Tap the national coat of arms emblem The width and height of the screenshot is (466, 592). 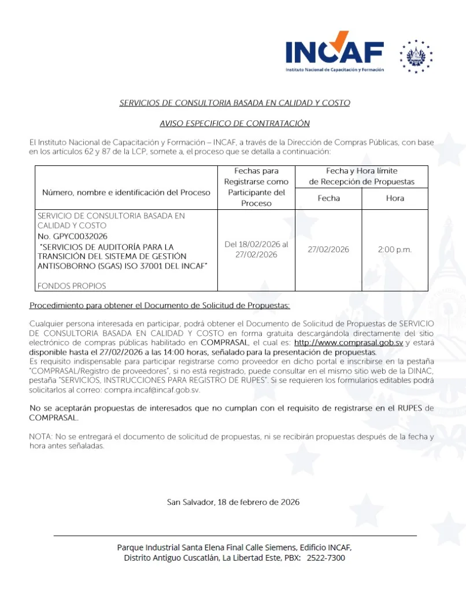(416, 57)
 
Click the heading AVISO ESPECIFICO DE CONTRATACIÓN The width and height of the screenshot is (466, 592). (234, 123)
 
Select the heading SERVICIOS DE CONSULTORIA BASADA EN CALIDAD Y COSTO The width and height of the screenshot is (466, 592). (234, 103)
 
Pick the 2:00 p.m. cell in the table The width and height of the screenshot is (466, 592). (395, 250)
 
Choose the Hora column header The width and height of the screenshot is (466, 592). (395, 198)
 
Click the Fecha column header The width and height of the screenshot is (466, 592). (328, 198)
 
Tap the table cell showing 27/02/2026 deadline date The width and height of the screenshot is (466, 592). (328, 250)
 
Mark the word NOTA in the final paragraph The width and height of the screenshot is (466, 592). (40, 437)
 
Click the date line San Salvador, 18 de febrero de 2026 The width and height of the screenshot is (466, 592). (233, 502)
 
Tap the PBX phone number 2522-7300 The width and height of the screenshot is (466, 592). (326, 558)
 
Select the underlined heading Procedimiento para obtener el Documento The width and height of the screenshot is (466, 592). (160, 305)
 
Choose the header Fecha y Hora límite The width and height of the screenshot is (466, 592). (361, 171)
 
